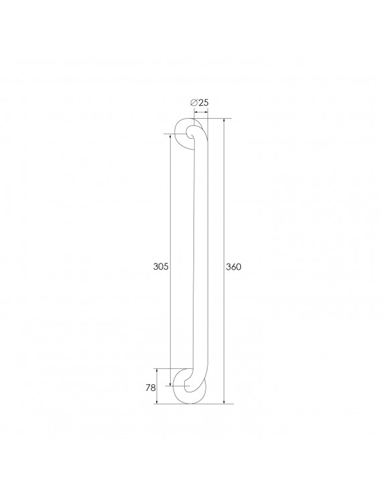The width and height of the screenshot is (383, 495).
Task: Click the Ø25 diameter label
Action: pos(200,102)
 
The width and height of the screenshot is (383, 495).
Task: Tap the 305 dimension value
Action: pos(161,266)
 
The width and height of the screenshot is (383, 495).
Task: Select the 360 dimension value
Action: pos(233,266)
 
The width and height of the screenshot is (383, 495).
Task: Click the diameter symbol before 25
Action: pos(194,102)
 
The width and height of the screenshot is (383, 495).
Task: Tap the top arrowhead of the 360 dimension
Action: pos(224,121)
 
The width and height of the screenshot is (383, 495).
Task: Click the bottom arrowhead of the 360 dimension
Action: pos(224,402)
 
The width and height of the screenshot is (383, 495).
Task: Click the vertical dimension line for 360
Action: pos(224,201)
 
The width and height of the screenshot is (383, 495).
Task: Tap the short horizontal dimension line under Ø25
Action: pos(200,111)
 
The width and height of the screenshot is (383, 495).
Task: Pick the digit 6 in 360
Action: pos(233,266)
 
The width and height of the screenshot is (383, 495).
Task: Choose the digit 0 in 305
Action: pos(161,266)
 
